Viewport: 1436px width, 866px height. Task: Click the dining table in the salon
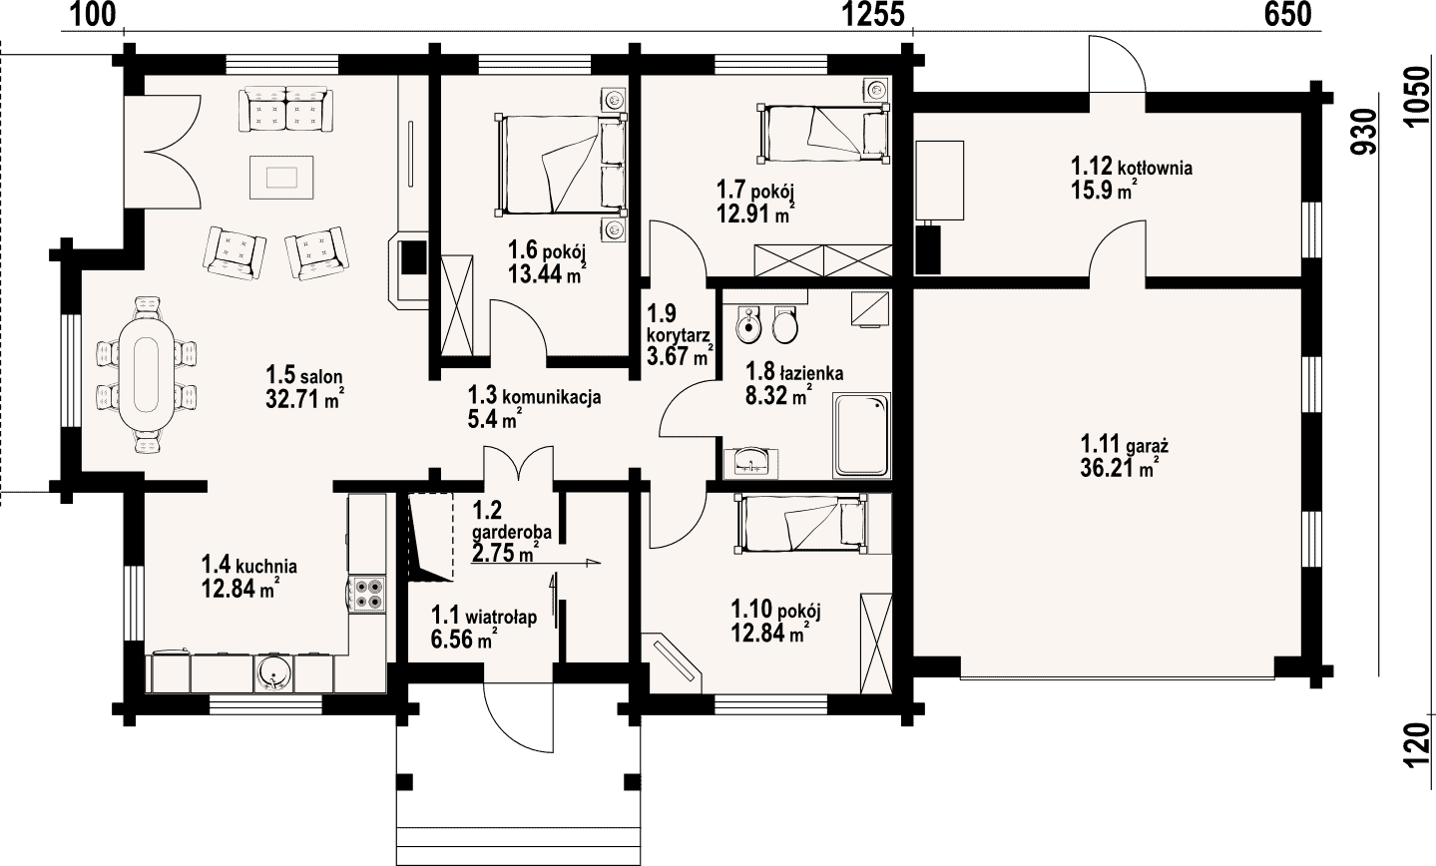[146, 374]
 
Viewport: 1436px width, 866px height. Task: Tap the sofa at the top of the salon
[286, 111]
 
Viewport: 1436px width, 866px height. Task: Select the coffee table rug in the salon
[281, 177]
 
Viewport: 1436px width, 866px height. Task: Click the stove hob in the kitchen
[368, 593]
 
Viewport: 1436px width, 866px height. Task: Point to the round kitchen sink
[274, 673]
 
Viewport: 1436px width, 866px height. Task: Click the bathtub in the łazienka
[862, 435]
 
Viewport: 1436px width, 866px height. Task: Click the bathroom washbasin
[750, 462]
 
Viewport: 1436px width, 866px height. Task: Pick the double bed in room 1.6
[560, 164]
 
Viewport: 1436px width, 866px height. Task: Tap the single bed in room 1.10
[802, 523]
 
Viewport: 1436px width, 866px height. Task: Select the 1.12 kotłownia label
[1132, 168]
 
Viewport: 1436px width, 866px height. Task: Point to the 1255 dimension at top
[872, 14]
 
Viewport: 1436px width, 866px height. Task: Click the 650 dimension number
[1287, 14]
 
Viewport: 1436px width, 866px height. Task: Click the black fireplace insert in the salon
[413, 257]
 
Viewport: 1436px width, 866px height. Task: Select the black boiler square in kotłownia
[928, 249]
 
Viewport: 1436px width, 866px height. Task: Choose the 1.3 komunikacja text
[534, 396]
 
